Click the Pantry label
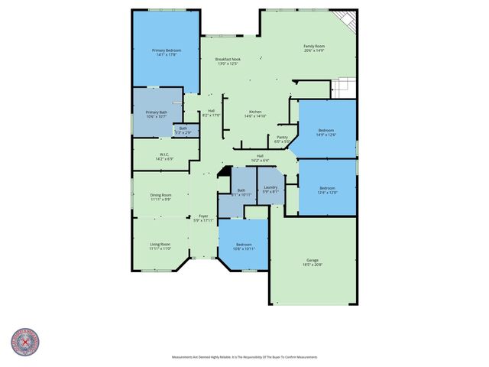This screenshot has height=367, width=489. pos(281,139)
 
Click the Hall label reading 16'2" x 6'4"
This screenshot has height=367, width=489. pos(260,158)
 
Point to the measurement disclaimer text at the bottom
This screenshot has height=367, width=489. pos(244,357)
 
